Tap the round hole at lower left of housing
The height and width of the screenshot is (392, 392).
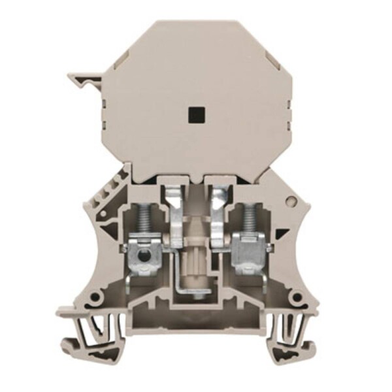pos(95,297)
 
